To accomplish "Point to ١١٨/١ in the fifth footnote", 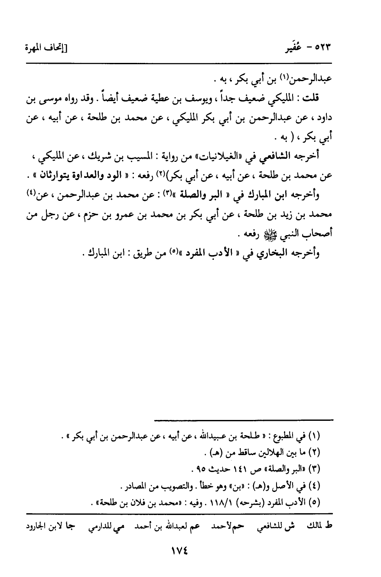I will point(225,502).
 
